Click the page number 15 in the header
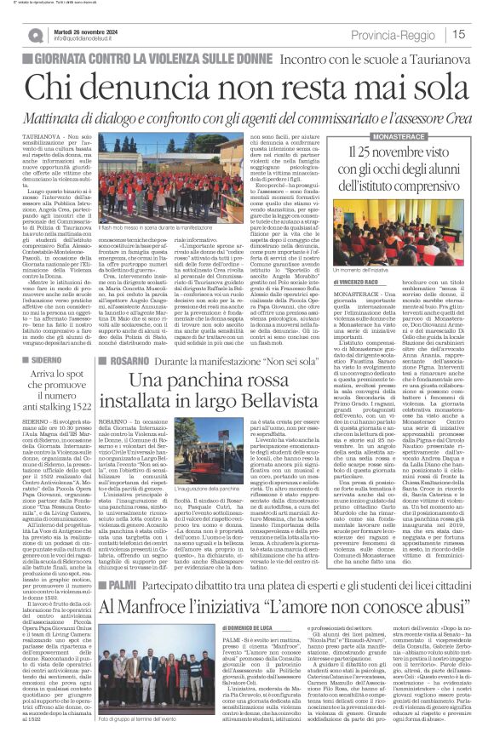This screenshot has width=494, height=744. (481, 34)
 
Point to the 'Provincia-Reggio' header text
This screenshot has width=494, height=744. (423, 34)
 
